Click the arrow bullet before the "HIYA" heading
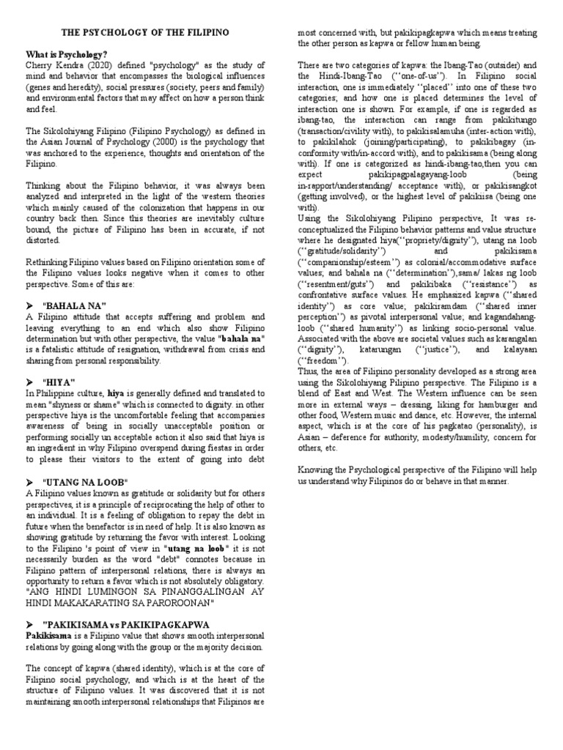click(31, 382)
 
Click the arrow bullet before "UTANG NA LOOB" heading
click(31, 481)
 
